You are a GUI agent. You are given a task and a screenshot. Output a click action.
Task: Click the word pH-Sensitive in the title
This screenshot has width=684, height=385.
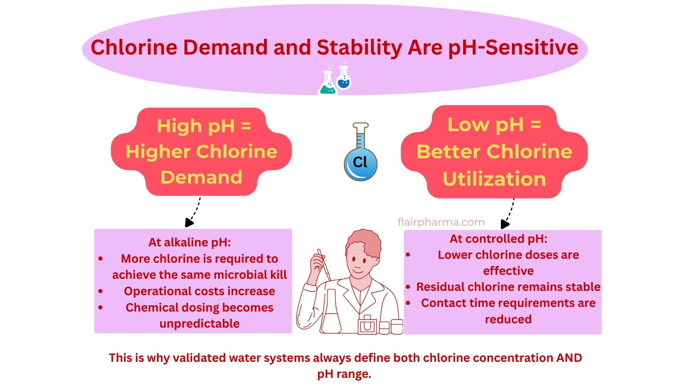tap(513, 47)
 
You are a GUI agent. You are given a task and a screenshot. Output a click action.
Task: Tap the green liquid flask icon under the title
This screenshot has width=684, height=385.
tap(327, 84)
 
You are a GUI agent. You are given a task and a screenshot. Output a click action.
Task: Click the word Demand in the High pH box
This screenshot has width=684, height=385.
tap(201, 177)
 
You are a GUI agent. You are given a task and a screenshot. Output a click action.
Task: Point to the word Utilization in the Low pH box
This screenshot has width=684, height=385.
tap(494, 179)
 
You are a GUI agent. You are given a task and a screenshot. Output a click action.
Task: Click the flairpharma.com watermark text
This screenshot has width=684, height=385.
tap(441, 222)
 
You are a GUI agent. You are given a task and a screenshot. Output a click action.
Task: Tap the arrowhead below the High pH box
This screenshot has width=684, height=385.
tap(189, 222)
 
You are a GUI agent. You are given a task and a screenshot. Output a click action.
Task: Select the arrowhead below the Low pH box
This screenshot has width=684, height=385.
tap(505, 224)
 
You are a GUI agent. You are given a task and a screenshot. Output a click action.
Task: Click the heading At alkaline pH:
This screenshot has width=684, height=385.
tap(190, 242)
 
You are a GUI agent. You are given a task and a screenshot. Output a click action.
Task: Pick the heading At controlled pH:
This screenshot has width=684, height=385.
tap(498, 238)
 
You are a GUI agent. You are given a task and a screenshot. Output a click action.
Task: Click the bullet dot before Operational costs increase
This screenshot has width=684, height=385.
tap(100, 291)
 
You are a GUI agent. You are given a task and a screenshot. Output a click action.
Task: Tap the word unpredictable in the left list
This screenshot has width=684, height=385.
tap(199, 324)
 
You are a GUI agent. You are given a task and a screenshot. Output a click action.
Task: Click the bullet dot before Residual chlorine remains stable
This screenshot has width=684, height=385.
tap(408, 287)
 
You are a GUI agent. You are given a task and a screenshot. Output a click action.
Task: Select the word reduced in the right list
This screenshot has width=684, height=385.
tap(508, 319)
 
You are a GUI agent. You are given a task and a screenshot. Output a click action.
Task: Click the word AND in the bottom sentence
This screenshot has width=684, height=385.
tap(569, 358)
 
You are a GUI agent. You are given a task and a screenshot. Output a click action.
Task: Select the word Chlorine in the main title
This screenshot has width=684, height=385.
tap(134, 47)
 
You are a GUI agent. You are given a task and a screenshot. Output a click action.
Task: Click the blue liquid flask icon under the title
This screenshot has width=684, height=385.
tap(343, 79)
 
